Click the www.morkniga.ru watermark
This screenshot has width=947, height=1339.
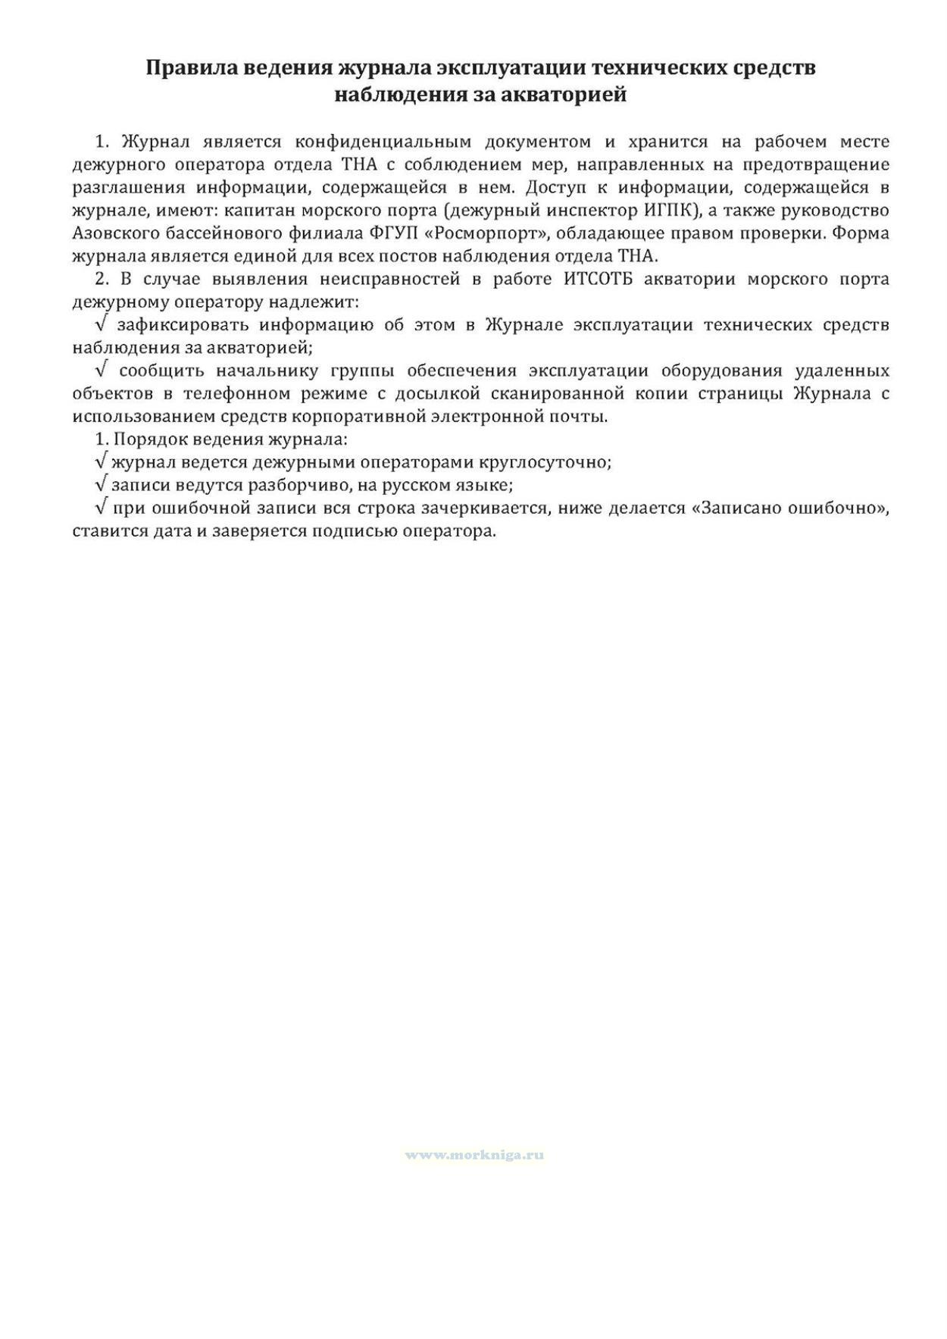coord(474,1155)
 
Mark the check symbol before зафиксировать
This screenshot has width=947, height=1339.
coord(102,324)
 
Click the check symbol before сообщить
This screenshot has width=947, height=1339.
coord(102,371)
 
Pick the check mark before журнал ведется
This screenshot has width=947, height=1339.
coord(102,461)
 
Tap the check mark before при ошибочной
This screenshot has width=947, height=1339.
coord(102,507)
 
